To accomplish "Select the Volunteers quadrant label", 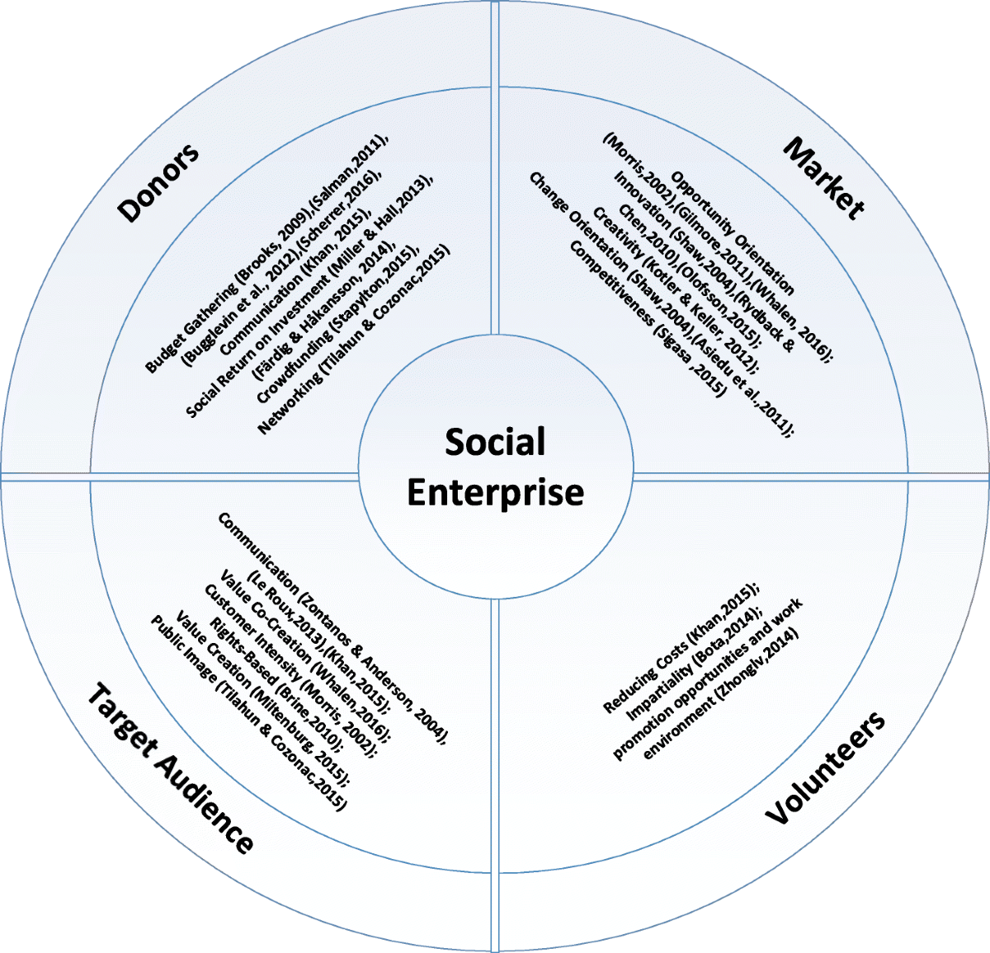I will [x=826, y=767].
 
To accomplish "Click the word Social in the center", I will [x=495, y=443].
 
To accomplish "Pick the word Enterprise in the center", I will [x=495, y=492].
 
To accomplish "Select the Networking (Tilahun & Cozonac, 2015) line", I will [x=356, y=339].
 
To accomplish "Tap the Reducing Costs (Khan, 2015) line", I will [x=680, y=650].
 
